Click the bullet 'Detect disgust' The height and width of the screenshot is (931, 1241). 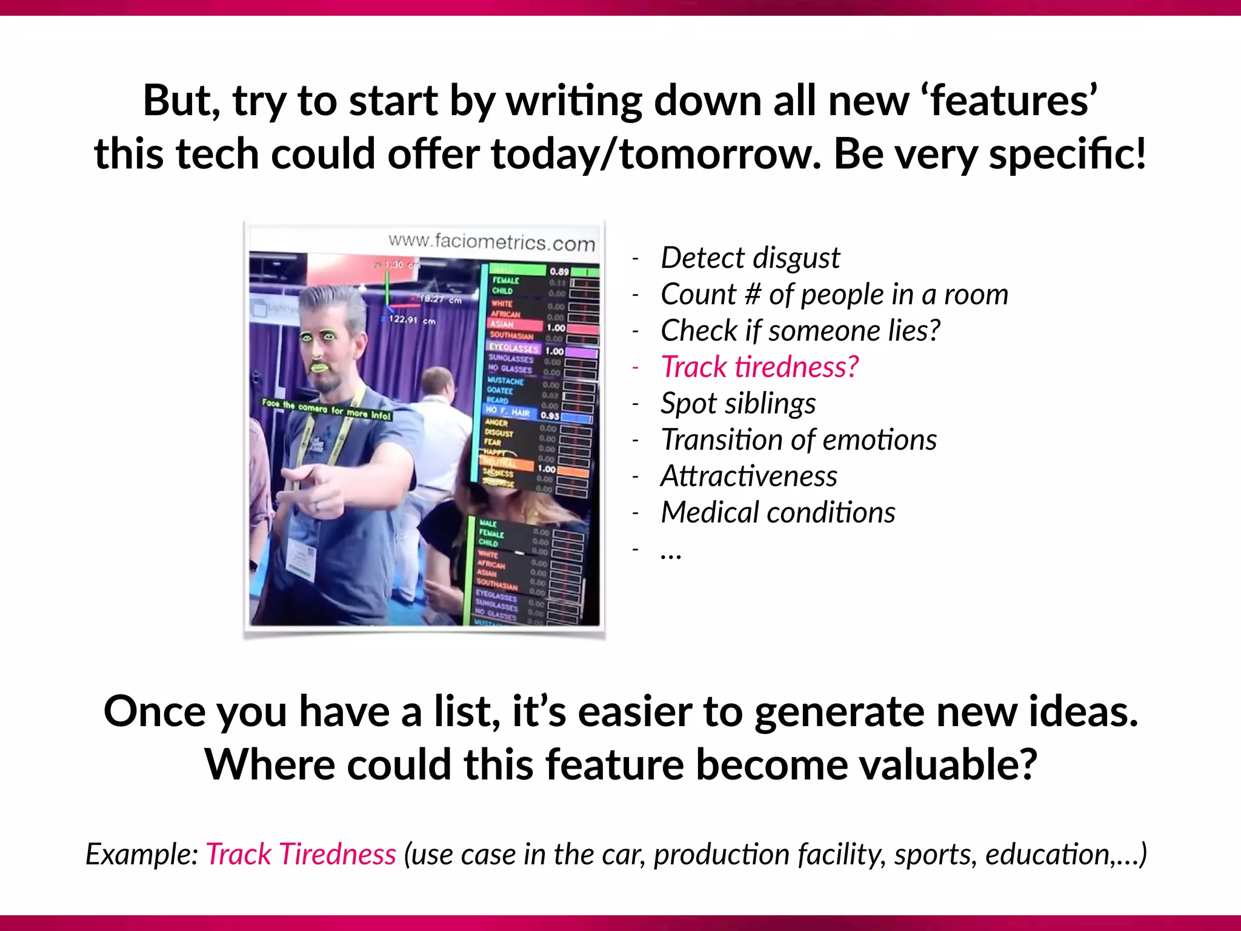pyautogui.click(x=750, y=258)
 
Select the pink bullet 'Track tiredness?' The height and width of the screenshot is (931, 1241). pyautogui.click(x=760, y=367)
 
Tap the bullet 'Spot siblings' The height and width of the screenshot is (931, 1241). pyautogui.click(x=738, y=404)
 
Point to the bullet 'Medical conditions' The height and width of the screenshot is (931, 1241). pyautogui.click(x=778, y=513)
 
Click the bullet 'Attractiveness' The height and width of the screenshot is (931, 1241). pyautogui.click(x=749, y=476)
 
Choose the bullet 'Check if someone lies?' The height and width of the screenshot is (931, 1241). pyautogui.click(x=800, y=331)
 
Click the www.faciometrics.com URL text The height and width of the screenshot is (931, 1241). pyautogui.click(x=491, y=242)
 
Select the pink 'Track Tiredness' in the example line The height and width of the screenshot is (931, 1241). pyautogui.click(x=301, y=855)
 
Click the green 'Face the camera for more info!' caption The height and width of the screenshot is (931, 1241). pyautogui.click(x=327, y=410)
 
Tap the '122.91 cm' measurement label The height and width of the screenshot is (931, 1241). pyautogui.click(x=412, y=320)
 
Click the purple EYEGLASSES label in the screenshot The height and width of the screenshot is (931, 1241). pyautogui.click(x=514, y=348)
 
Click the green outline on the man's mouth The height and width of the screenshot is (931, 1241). pyautogui.click(x=319, y=367)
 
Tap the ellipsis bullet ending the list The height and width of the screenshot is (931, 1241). pyautogui.click(x=671, y=552)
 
